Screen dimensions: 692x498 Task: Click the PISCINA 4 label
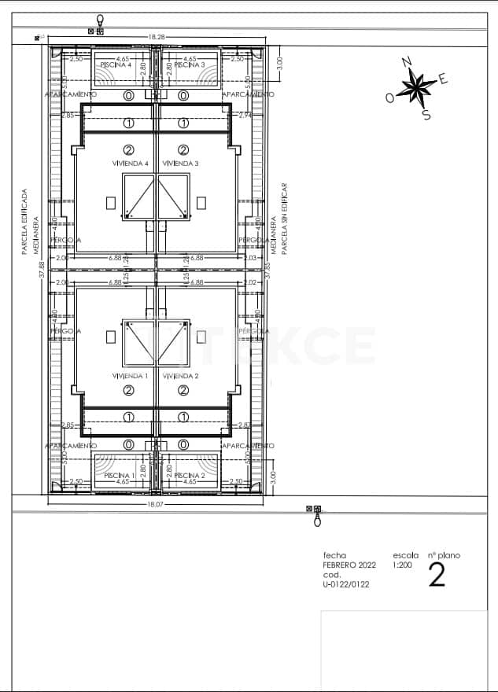116,64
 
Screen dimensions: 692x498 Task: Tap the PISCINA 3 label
190,64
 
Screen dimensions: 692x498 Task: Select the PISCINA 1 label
116,476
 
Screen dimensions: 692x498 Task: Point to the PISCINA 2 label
190,476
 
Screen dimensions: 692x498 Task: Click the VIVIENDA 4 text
130,164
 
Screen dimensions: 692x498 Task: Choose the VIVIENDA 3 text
181,164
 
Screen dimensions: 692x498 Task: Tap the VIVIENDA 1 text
130,377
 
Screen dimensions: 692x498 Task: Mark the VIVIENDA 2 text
181,377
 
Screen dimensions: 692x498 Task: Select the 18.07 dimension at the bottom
155,505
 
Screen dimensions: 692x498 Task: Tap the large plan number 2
437,576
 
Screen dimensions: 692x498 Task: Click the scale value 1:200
403,565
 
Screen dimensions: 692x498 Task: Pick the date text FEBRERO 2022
349,565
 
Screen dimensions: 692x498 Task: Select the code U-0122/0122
346,584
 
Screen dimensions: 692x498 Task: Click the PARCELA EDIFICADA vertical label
24,221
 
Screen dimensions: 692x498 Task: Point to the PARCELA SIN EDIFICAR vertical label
285,219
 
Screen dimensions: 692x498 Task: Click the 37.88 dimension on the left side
42,271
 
